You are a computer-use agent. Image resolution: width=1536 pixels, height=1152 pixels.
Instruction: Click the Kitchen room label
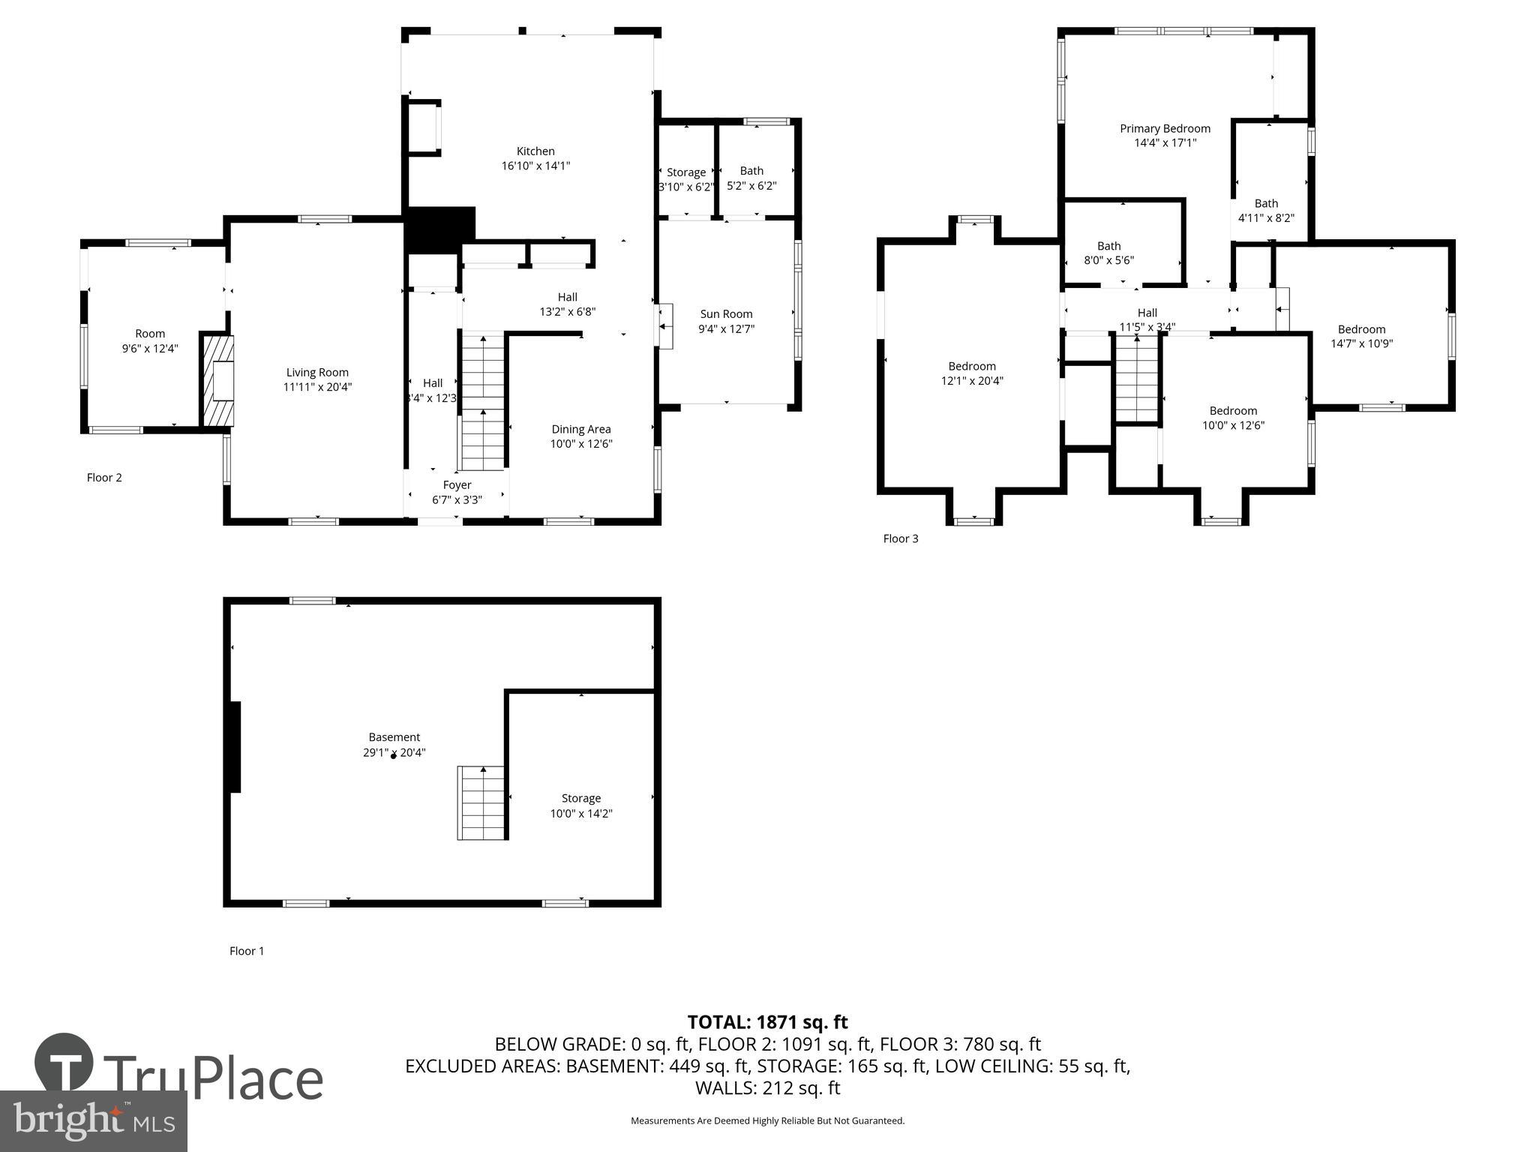pyautogui.click(x=535, y=151)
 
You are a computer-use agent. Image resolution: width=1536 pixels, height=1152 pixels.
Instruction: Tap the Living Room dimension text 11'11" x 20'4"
pyautogui.click(x=317, y=387)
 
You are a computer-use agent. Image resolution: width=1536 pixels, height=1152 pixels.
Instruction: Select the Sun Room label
pyautogui.click(x=726, y=314)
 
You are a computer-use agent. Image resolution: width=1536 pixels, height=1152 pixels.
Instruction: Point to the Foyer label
pyautogui.click(x=457, y=485)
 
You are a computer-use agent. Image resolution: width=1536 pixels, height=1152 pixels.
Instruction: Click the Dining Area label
pyautogui.click(x=581, y=429)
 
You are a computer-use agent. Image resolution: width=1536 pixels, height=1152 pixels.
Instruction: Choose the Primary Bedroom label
pyautogui.click(x=1165, y=129)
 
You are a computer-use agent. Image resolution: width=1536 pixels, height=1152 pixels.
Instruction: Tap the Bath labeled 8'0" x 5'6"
pyautogui.click(x=1108, y=253)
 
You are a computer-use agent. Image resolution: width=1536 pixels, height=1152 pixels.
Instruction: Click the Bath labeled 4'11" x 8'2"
pyautogui.click(x=1266, y=211)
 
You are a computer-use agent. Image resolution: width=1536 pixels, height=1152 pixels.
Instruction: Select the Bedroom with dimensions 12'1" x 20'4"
pyautogui.click(x=972, y=373)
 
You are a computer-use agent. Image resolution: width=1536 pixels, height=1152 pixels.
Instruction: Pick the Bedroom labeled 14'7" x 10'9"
pyautogui.click(x=1361, y=337)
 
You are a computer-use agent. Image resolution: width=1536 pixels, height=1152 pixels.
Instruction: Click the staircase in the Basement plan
pyautogui.click(x=482, y=802)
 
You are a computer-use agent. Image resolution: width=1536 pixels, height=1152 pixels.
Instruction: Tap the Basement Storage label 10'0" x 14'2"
pyautogui.click(x=581, y=805)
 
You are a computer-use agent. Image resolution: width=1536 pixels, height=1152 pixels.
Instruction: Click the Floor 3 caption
pyautogui.click(x=900, y=538)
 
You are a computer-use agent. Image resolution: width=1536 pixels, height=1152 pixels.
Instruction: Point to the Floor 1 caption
pyautogui.click(x=247, y=951)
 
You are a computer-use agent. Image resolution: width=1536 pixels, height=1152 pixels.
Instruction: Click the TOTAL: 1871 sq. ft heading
pyautogui.click(x=767, y=1022)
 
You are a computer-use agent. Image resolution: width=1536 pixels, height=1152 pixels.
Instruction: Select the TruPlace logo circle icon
pyautogui.click(x=64, y=1061)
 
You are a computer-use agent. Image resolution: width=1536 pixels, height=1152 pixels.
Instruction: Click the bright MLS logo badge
pyautogui.click(x=93, y=1120)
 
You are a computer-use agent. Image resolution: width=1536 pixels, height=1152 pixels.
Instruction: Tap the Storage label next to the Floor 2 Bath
pyautogui.click(x=685, y=172)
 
